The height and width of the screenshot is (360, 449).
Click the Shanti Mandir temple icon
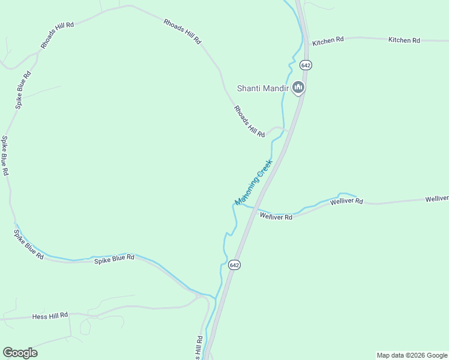click(x=299, y=88)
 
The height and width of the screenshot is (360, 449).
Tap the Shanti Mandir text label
click(x=262, y=88)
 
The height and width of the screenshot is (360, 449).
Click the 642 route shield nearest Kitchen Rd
click(x=306, y=65)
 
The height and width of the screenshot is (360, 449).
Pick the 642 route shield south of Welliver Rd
click(x=234, y=265)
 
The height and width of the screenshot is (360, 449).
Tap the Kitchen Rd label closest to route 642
click(x=328, y=40)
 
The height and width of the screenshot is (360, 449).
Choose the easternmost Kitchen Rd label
click(x=404, y=40)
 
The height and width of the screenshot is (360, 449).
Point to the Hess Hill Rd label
click(x=50, y=315)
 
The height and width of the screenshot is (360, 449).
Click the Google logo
click(x=20, y=353)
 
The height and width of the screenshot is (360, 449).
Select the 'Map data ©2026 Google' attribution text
click(x=412, y=355)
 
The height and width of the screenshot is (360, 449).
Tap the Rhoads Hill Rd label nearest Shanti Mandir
click(x=249, y=122)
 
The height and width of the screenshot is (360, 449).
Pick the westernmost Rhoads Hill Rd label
click(x=57, y=35)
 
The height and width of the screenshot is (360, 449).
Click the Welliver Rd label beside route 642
click(x=276, y=217)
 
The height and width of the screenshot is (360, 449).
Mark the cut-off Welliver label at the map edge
click(x=436, y=199)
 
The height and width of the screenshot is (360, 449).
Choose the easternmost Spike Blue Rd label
click(x=113, y=257)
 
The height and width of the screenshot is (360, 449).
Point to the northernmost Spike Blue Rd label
click(x=23, y=90)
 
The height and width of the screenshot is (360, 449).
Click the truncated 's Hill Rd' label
click(x=199, y=348)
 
